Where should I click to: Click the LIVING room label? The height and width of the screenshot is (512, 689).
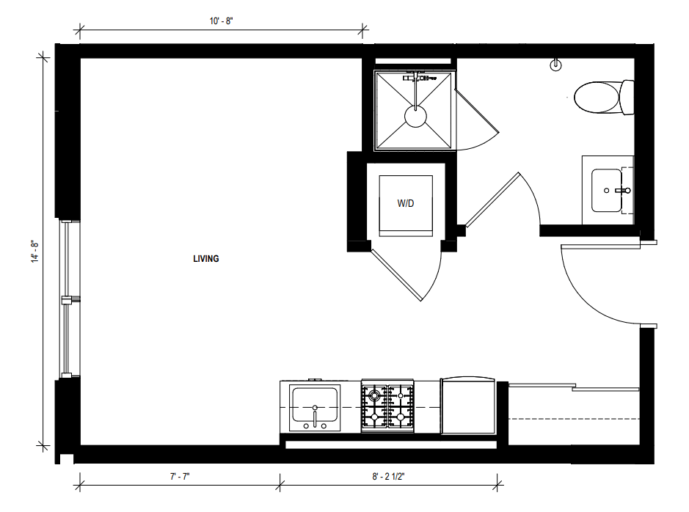pos(205,259)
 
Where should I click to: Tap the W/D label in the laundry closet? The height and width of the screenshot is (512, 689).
pos(406,203)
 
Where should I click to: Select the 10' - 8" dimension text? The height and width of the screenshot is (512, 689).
pos(221,21)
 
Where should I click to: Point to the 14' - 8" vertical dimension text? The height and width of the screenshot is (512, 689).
pos(35,251)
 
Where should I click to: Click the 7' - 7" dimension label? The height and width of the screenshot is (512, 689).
pos(180,477)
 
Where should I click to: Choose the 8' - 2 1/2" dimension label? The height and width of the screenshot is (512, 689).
pos(388,477)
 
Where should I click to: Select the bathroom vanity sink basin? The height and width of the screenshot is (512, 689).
pos(607,191)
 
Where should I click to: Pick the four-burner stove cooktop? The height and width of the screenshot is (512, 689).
pos(387,406)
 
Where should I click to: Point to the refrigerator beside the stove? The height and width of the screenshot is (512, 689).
pos(468,406)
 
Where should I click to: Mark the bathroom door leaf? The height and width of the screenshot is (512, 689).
pos(493,200)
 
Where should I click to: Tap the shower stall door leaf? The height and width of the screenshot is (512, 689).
pos(477,111)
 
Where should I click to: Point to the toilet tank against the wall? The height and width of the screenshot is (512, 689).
pos(627,98)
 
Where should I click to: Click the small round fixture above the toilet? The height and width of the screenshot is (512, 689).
pos(556,65)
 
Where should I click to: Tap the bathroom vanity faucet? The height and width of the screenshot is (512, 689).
pos(623,191)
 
